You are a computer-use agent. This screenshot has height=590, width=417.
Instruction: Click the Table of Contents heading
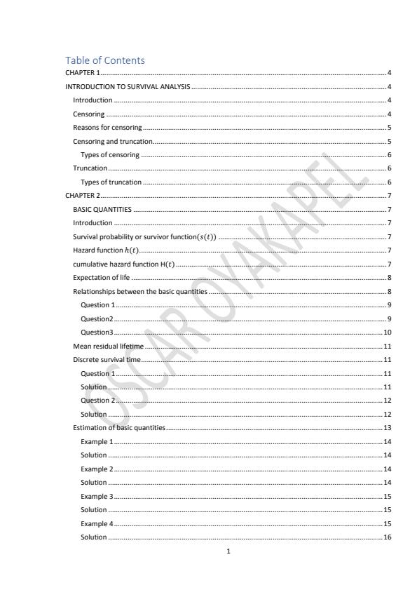[105, 60]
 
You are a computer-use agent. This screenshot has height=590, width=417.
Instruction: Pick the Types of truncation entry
[111, 182]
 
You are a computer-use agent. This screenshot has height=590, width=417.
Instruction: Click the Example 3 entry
[96, 496]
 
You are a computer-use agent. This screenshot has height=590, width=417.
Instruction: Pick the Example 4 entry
[96, 523]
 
